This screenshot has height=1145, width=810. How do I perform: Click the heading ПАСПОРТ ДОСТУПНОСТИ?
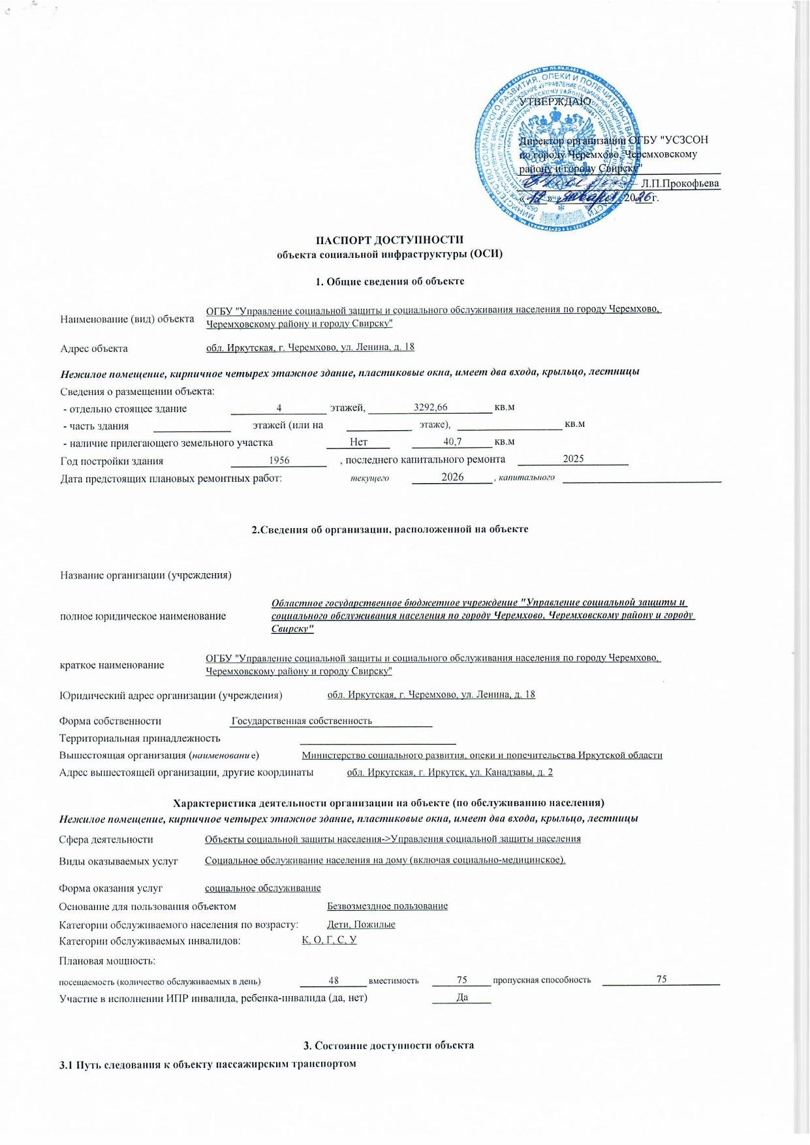[390, 240]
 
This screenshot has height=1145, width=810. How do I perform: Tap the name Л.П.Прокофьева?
[680, 183]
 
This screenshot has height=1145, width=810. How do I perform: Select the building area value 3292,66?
[431, 407]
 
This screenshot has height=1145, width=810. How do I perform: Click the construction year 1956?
[279, 460]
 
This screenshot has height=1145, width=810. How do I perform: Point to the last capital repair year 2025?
[573, 459]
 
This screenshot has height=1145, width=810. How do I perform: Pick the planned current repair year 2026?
[452, 477]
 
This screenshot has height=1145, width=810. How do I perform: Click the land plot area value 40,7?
[452, 442]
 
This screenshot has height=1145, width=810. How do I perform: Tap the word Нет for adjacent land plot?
[358, 443]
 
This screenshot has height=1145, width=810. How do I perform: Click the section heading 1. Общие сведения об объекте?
[390, 281]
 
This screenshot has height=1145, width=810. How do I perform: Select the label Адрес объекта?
[94, 349]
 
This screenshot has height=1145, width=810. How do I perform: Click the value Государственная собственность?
[302, 721]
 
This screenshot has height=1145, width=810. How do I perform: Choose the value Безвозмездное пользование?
[387, 906]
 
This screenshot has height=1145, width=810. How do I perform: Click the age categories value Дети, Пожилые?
[361, 924]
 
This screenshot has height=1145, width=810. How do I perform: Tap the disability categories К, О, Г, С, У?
[329, 940]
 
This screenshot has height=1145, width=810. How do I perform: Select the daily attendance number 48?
[334, 980]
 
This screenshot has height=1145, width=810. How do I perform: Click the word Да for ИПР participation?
[462, 997]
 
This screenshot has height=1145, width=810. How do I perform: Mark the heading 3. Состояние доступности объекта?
[388, 1045]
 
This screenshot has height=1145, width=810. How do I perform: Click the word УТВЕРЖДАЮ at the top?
[555, 102]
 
